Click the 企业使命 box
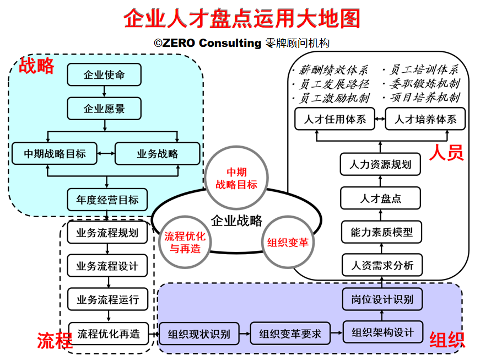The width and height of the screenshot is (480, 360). (x=104, y=75)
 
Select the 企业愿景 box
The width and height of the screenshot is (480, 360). (x=104, y=109)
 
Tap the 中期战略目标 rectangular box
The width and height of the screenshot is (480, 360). (x=55, y=153)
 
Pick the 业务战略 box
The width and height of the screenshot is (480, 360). (x=157, y=153)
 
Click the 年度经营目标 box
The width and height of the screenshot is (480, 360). (x=107, y=200)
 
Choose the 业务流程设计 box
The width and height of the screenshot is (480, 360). (x=107, y=266)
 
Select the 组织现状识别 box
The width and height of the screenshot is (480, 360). (x=199, y=334)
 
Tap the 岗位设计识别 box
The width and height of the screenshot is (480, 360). (x=382, y=300)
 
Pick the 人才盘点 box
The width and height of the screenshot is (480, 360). (x=381, y=198)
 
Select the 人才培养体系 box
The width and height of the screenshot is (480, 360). (x=425, y=119)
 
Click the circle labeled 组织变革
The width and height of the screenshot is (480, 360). (x=288, y=242)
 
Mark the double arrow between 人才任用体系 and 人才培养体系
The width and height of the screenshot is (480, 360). (x=380, y=119)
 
